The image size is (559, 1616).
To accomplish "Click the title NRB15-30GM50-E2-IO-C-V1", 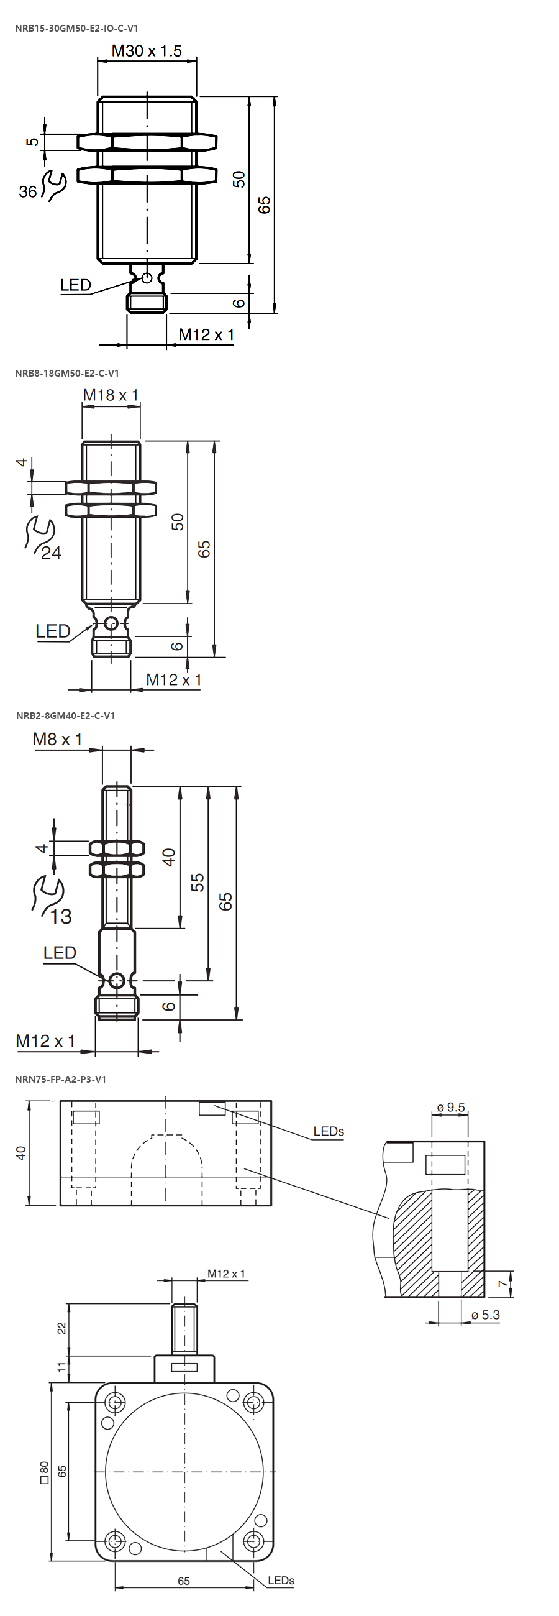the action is [x=76, y=28].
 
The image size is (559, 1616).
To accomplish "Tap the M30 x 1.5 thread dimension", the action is [x=147, y=51].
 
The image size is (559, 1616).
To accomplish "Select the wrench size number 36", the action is [x=27, y=191].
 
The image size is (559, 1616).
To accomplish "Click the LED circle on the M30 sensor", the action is [x=147, y=278].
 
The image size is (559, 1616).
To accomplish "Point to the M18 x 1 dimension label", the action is [x=111, y=395].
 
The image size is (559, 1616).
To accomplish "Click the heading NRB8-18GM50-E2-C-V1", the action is [x=67, y=374].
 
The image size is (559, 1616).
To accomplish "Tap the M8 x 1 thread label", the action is [x=58, y=739].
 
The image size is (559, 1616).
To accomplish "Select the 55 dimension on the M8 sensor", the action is [x=198, y=883].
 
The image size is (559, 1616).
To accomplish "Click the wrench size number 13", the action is [x=61, y=917].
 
